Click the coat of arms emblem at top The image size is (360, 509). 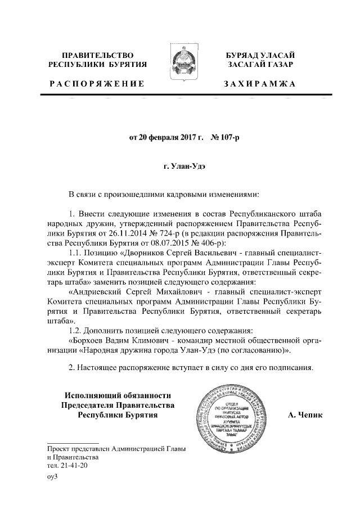pos(181,64)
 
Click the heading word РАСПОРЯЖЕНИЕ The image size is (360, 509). pos(97,84)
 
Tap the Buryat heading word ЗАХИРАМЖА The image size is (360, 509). pos(259,84)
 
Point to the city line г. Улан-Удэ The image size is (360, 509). pos(179,167)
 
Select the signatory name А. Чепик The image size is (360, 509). pos(305,415)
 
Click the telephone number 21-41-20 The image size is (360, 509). pos(73,466)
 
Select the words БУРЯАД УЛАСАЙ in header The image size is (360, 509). pos(259,55)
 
